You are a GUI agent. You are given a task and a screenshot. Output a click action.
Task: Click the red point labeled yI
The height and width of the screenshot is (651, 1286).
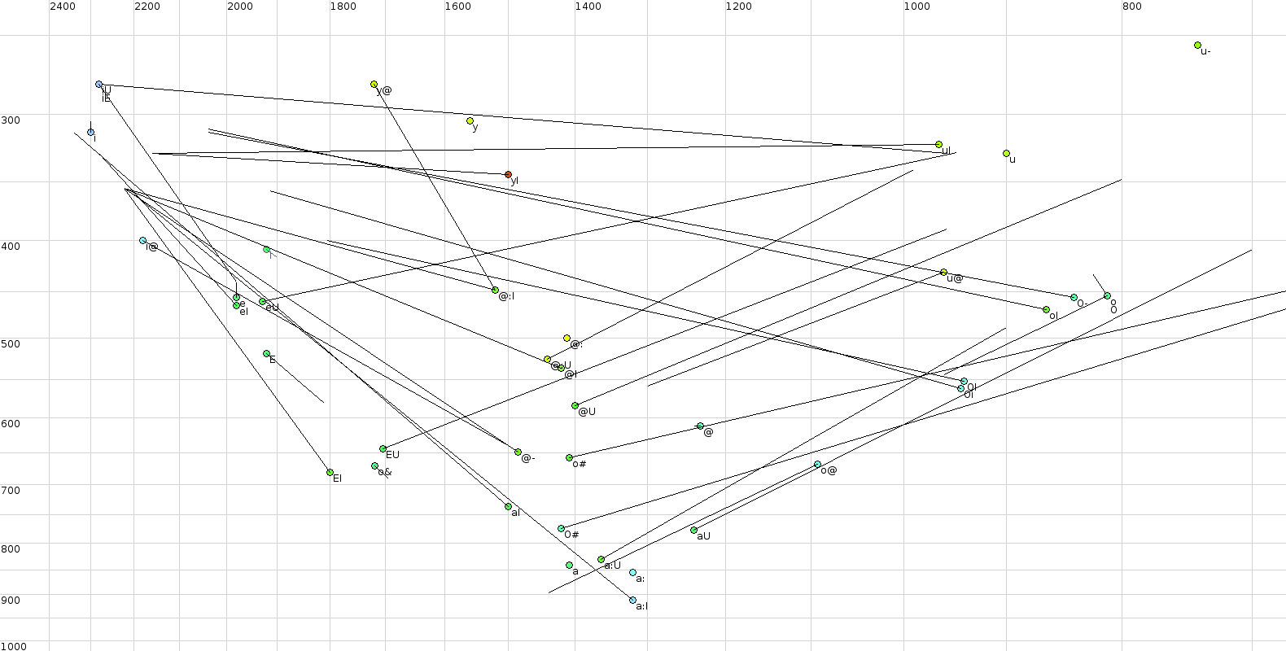click(x=509, y=175)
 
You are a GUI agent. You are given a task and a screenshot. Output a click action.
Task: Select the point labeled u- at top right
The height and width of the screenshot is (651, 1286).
click(x=1197, y=46)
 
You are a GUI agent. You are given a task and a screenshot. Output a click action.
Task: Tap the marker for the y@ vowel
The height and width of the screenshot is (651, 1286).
click(x=374, y=85)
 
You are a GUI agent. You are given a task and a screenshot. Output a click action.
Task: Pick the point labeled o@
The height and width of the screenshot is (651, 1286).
click(x=818, y=465)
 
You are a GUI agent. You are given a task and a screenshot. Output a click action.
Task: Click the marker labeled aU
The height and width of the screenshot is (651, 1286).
click(x=694, y=531)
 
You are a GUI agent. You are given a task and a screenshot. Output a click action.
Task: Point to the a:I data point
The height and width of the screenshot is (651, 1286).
click(x=633, y=601)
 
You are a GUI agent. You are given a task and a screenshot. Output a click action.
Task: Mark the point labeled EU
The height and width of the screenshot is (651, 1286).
click(x=383, y=449)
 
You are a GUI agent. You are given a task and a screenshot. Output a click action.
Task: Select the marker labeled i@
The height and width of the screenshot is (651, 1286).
click(x=143, y=241)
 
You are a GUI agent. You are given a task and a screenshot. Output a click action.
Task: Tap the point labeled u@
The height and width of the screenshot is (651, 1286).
click(x=944, y=273)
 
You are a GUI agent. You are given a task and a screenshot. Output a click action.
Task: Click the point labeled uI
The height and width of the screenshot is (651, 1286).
click(x=939, y=145)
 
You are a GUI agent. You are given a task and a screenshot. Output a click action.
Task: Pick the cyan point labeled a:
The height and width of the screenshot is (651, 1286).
click(x=633, y=573)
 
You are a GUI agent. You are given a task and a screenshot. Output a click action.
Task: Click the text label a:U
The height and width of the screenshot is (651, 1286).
click(x=613, y=566)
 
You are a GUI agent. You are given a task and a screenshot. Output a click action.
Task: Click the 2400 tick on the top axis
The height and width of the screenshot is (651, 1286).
click(x=63, y=7)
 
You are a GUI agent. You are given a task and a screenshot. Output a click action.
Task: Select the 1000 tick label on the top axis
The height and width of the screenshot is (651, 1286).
click(x=916, y=7)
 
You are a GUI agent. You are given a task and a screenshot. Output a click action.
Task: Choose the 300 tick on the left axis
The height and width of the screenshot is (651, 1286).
click(x=11, y=120)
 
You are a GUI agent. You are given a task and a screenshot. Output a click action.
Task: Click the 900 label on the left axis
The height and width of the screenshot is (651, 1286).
click(x=11, y=601)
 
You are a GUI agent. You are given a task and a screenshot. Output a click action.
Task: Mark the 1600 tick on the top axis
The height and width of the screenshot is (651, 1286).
click(x=457, y=7)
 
